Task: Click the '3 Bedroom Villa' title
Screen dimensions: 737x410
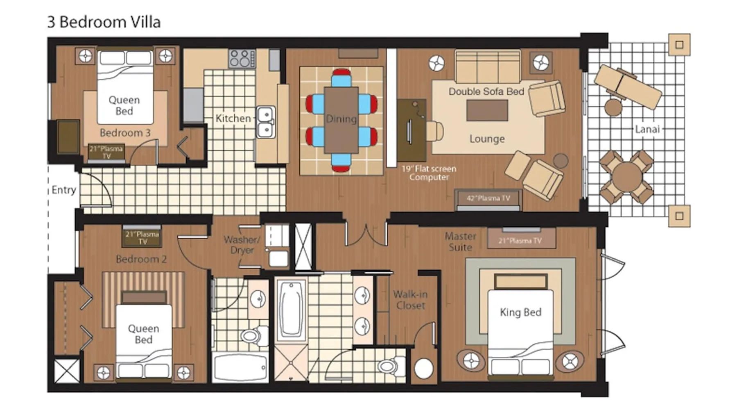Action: click(104, 22)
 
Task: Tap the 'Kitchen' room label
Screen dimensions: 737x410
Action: click(233, 118)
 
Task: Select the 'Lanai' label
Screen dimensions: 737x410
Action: click(647, 130)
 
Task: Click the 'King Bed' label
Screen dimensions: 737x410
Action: click(520, 312)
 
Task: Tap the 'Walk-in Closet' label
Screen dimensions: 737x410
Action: click(410, 300)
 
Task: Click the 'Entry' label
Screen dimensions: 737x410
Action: click(64, 190)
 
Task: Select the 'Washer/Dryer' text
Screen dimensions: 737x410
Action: click(242, 245)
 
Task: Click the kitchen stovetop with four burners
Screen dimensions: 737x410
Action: click(242, 58)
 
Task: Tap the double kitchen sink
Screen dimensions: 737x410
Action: click(266, 122)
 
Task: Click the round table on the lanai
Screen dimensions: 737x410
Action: click(626, 177)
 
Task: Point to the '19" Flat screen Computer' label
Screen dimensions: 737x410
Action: click(429, 173)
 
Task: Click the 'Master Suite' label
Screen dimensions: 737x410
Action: click(461, 242)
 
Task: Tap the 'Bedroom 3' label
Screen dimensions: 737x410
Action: click(125, 133)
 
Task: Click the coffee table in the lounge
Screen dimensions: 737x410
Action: click(487, 110)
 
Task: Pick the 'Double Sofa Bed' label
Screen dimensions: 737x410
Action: click(486, 91)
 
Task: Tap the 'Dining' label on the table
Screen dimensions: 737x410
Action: click(341, 119)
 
